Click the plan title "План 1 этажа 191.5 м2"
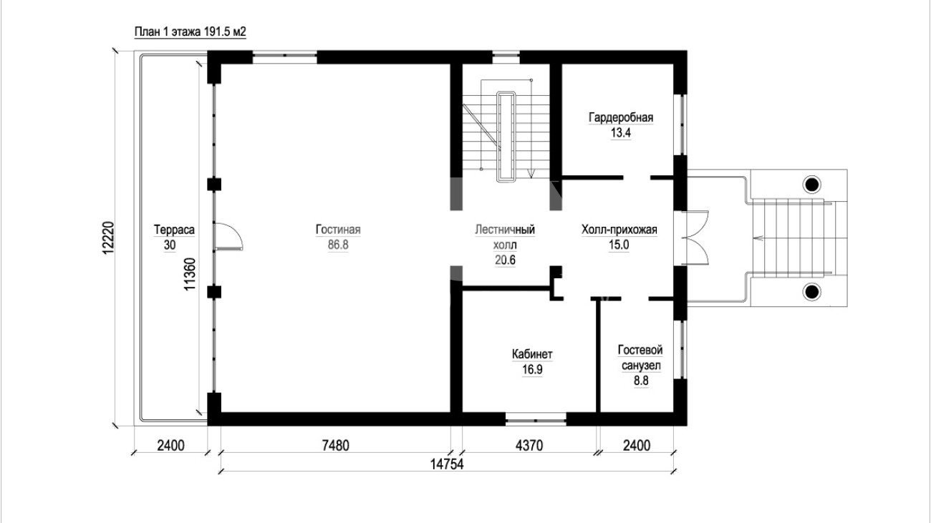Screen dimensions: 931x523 pyautogui.click(x=190, y=32)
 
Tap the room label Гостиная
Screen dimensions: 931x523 pyautogui.click(x=338, y=230)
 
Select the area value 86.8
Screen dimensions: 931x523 pyautogui.click(x=338, y=245)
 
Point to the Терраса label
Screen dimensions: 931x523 pyautogui.click(x=174, y=230)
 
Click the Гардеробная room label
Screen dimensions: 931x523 pyautogui.click(x=621, y=118)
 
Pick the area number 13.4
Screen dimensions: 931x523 pyautogui.click(x=621, y=133)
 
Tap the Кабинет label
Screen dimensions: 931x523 pyautogui.click(x=532, y=354)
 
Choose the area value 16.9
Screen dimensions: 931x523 pyautogui.click(x=532, y=369)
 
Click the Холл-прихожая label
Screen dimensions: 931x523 pyautogui.click(x=619, y=230)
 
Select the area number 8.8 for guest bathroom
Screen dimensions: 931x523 pyautogui.click(x=641, y=381)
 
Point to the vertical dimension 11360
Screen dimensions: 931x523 pyautogui.click(x=190, y=274)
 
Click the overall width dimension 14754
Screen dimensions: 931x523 pyautogui.click(x=446, y=464)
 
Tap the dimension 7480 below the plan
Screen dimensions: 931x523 pyautogui.click(x=335, y=446)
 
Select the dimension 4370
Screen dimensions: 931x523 pyautogui.click(x=529, y=446)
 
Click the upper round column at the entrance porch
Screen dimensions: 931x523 pyautogui.click(x=811, y=184)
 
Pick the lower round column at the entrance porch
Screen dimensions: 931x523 pyautogui.click(x=811, y=292)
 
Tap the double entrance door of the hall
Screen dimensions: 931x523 pyautogui.click(x=695, y=238)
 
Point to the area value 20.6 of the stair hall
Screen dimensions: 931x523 pyautogui.click(x=505, y=260)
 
